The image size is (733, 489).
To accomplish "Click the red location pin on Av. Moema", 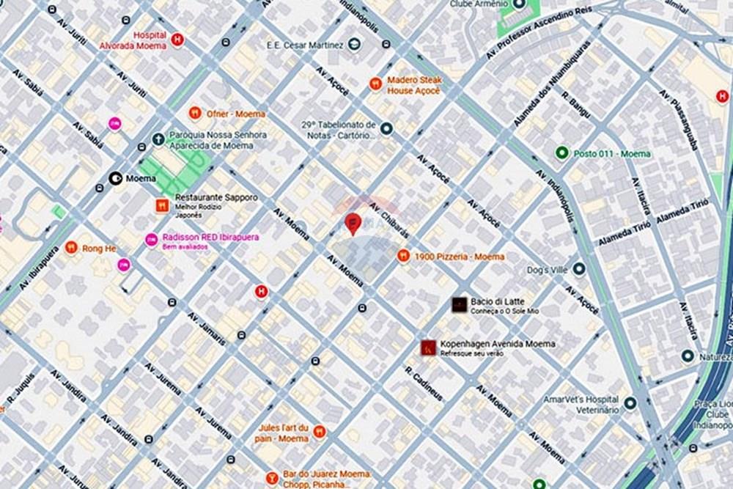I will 353,222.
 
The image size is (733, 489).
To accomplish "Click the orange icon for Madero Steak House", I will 375,84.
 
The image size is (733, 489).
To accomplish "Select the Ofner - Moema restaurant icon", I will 194,113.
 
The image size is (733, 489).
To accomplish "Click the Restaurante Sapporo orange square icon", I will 162,206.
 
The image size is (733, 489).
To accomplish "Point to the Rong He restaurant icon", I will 71,248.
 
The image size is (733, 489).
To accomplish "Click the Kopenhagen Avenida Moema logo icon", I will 429,348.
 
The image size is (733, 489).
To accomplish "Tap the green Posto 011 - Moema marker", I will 561,153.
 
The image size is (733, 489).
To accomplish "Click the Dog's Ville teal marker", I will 579,269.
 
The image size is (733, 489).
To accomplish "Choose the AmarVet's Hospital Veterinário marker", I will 630,403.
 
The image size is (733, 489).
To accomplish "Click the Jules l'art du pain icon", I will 319,432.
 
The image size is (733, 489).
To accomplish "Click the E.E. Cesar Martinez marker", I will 355,45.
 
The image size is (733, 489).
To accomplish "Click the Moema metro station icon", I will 115,177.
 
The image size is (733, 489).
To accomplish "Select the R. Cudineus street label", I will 424,383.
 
